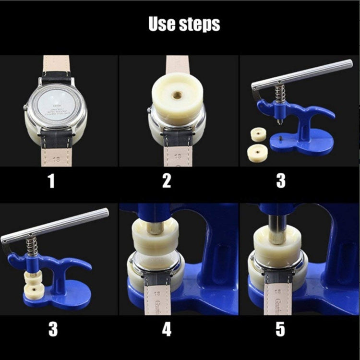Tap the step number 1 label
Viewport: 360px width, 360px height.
(x=51, y=181)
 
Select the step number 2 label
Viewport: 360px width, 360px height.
(x=167, y=181)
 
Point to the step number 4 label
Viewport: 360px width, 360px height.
(x=167, y=329)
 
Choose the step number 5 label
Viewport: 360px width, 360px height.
(x=280, y=329)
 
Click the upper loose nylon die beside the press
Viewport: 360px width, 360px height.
(x=259, y=134)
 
